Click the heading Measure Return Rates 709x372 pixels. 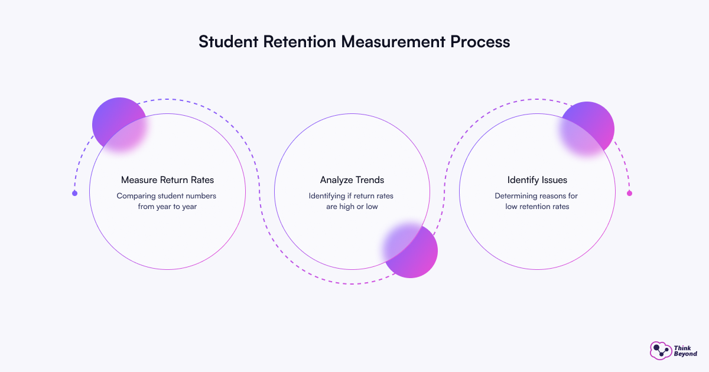point(167,180)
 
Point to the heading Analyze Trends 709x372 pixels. point(352,180)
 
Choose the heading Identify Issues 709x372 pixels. point(537,180)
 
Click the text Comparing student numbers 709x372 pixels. point(167,195)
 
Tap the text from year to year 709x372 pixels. point(167,207)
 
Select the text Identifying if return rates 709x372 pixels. point(352,195)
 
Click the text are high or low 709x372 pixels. point(352,207)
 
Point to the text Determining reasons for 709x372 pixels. point(537,195)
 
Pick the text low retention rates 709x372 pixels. point(537,207)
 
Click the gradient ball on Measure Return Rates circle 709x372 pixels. point(119,124)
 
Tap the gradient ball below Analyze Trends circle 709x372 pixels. point(411,250)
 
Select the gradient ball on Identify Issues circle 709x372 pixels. point(587,128)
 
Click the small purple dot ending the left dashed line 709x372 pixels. point(74,193)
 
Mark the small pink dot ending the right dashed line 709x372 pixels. point(629,193)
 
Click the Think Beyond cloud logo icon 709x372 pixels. point(660,350)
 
